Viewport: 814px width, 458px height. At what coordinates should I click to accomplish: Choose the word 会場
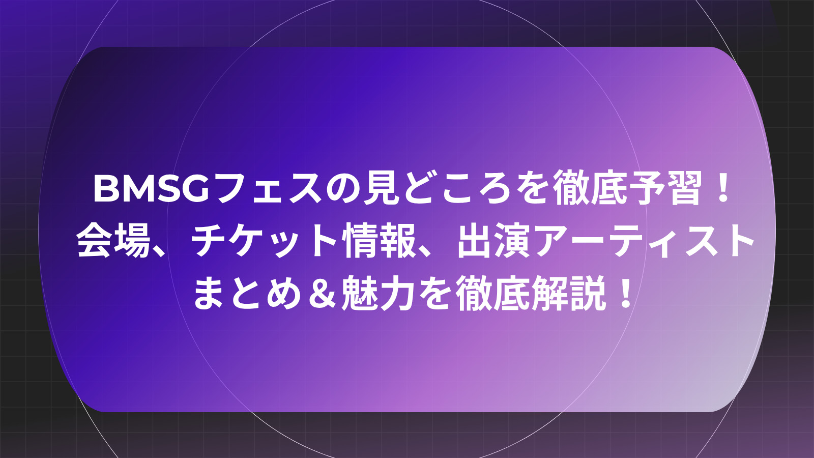(114, 241)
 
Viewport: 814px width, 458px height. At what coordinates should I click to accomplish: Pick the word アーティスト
(641, 241)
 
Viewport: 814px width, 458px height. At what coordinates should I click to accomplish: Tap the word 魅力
(378, 293)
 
